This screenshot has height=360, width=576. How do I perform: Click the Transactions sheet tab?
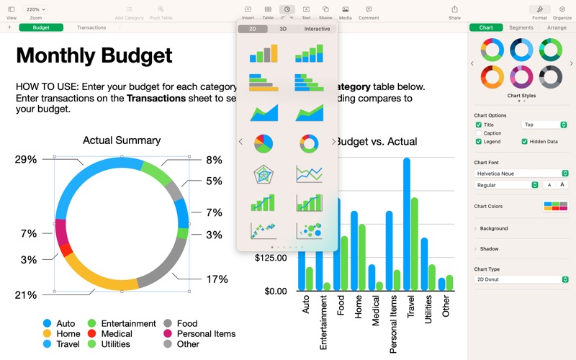tap(91, 27)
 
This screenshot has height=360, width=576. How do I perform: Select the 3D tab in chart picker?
tap(283, 29)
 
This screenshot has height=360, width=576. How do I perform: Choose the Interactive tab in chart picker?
tap(317, 29)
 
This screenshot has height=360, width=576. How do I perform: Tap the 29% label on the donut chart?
tap(25, 159)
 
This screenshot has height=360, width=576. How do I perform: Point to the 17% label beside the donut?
tap(217, 279)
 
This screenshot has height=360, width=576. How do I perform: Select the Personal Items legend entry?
tap(206, 334)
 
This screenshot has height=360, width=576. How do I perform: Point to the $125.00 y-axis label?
tap(271, 258)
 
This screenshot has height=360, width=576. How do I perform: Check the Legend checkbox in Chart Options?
tap(479, 142)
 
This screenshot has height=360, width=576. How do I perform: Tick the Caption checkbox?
tap(479, 133)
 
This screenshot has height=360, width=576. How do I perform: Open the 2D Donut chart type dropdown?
tap(521, 279)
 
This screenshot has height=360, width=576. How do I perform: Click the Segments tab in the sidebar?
tap(521, 27)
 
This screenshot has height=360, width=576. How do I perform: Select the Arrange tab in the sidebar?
tap(557, 27)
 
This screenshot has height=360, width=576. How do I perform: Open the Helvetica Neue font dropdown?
tap(521, 174)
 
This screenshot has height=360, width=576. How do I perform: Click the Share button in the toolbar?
tap(454, 12)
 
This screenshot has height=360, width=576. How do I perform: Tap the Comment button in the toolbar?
tap(369, 12)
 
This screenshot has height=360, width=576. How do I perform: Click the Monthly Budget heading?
tap(94, 55)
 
